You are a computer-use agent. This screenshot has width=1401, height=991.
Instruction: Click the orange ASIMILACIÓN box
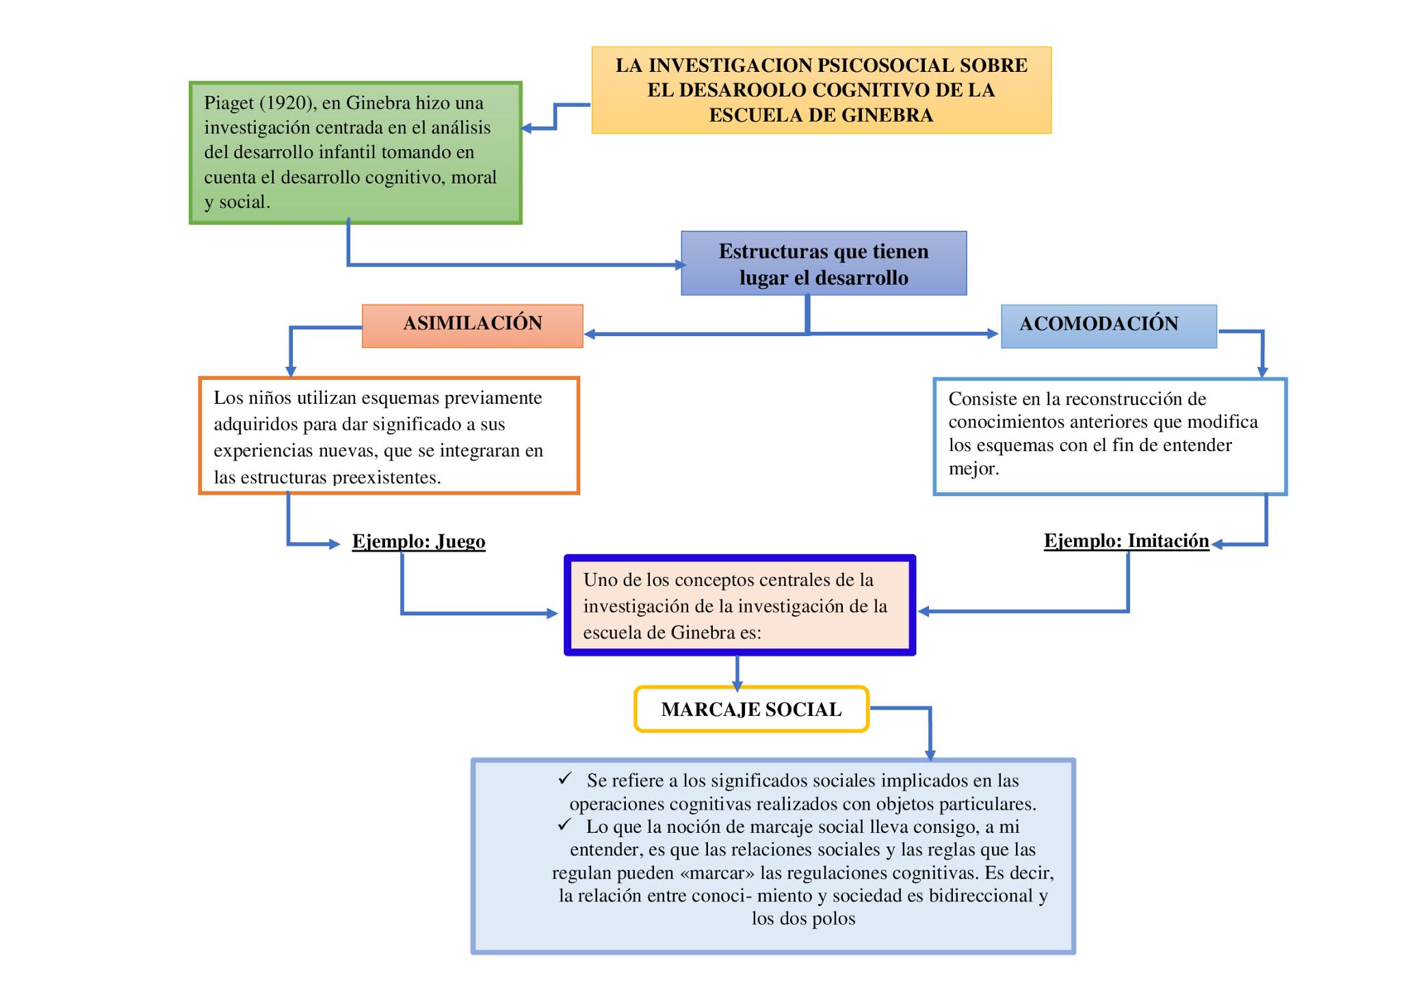[472, 325]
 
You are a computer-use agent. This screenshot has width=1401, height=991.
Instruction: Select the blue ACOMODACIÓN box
[1108, 325]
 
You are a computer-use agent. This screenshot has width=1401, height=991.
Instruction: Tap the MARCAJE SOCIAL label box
[751, 710]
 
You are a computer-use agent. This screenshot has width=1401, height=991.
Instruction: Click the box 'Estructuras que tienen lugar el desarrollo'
[823, 263]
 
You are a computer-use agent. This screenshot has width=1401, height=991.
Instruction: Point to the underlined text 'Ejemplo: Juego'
[419, 541]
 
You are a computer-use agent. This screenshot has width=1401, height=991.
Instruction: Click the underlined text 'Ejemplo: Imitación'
[1126, 541]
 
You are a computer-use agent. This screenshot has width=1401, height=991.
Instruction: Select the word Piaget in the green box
[228, 103]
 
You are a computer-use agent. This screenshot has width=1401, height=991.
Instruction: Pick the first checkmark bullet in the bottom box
[564, 778]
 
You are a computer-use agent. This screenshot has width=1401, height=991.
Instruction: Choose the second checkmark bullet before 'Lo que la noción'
[564, 825]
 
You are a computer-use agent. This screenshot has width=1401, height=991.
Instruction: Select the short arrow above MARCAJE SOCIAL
[737, 674]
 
